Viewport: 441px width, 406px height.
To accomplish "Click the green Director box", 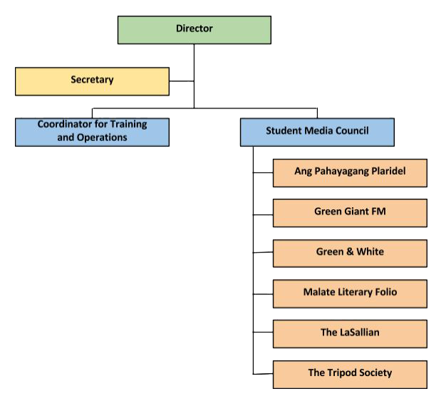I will [x=194, y=29].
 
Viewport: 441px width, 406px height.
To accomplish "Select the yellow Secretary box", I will [x=93, y=80].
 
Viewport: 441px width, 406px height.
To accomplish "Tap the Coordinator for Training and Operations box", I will [x=93, y=132].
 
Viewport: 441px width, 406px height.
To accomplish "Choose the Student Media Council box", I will [x=317, y=132].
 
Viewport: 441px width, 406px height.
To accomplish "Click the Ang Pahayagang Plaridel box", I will [x=350, y=172].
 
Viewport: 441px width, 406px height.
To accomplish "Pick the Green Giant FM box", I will [x=350, y=212].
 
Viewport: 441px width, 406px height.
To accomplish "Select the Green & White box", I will [x=350, y=253].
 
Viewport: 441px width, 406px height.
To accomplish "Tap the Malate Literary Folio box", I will [x=350, y=293].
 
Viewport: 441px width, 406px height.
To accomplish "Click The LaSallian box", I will [x=350, y=333].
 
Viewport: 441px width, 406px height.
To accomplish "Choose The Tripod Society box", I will [x=350, y=373].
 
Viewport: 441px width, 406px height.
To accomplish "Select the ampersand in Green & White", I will [x=350, y=253].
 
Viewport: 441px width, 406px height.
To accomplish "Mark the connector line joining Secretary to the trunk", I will [x=182, y=80].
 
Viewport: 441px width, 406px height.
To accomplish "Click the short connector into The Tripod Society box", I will [x=263, y=374].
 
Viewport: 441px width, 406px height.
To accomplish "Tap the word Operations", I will [x=102, y=137].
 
